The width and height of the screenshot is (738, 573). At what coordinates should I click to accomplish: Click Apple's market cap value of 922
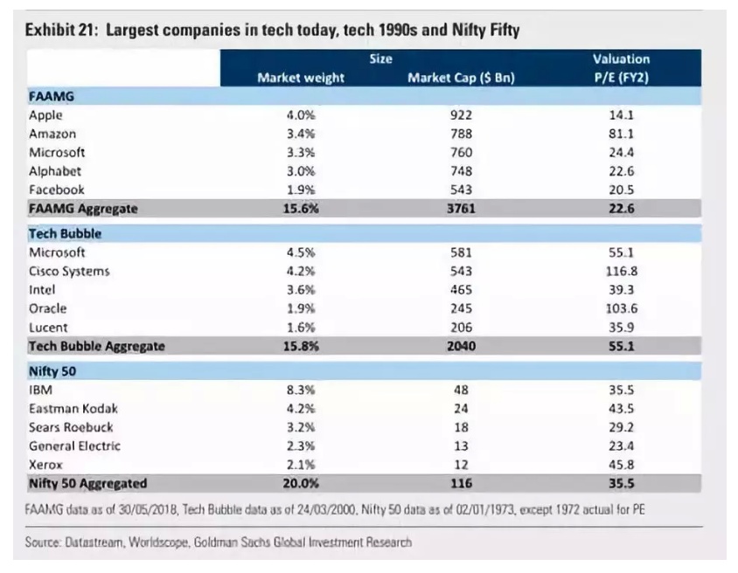coord(461,114)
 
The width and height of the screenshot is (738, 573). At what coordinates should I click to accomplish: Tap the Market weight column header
coord(301,78)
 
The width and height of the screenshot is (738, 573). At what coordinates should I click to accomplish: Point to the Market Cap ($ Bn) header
coord(461,78)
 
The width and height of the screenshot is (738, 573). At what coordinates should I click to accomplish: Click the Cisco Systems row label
coord(69,271)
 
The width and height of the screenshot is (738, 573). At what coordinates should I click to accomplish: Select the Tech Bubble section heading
coord(65,233)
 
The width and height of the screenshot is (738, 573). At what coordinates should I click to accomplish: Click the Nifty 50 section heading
coord(53,370)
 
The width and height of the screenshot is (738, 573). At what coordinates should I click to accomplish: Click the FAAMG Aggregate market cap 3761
coord(461,209)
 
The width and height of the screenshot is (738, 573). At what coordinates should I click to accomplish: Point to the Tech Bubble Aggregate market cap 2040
coord(461,346)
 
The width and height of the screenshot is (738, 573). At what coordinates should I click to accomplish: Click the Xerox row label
coord(46,465)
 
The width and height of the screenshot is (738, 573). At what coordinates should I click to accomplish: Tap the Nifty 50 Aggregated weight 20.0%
coord(301,483)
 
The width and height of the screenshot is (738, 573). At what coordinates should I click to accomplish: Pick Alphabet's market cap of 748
coord(461,171)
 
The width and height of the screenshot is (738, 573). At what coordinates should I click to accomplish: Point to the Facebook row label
coord(57,190)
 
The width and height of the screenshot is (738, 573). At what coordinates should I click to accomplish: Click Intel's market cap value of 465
coord(461,289)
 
